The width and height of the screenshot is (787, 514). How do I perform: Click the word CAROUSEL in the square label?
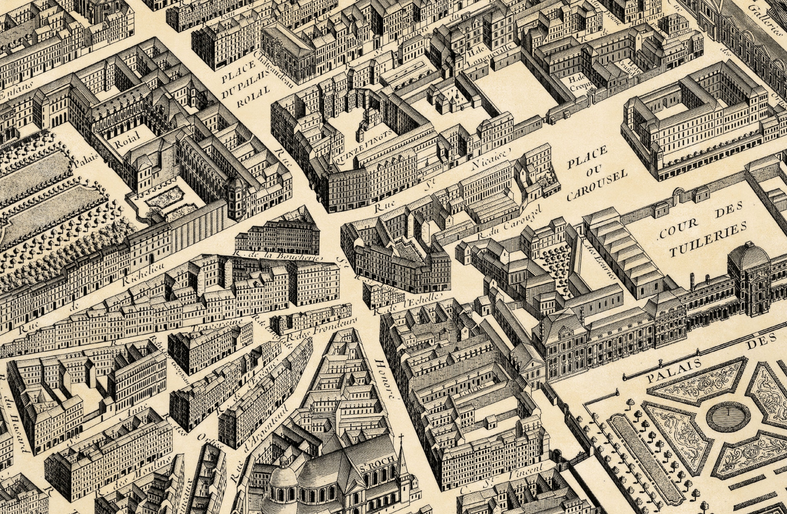[597, 186]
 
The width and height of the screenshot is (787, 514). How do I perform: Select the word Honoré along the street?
[386, 380]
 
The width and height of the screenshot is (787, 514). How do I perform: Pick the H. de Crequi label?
[577, 83]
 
